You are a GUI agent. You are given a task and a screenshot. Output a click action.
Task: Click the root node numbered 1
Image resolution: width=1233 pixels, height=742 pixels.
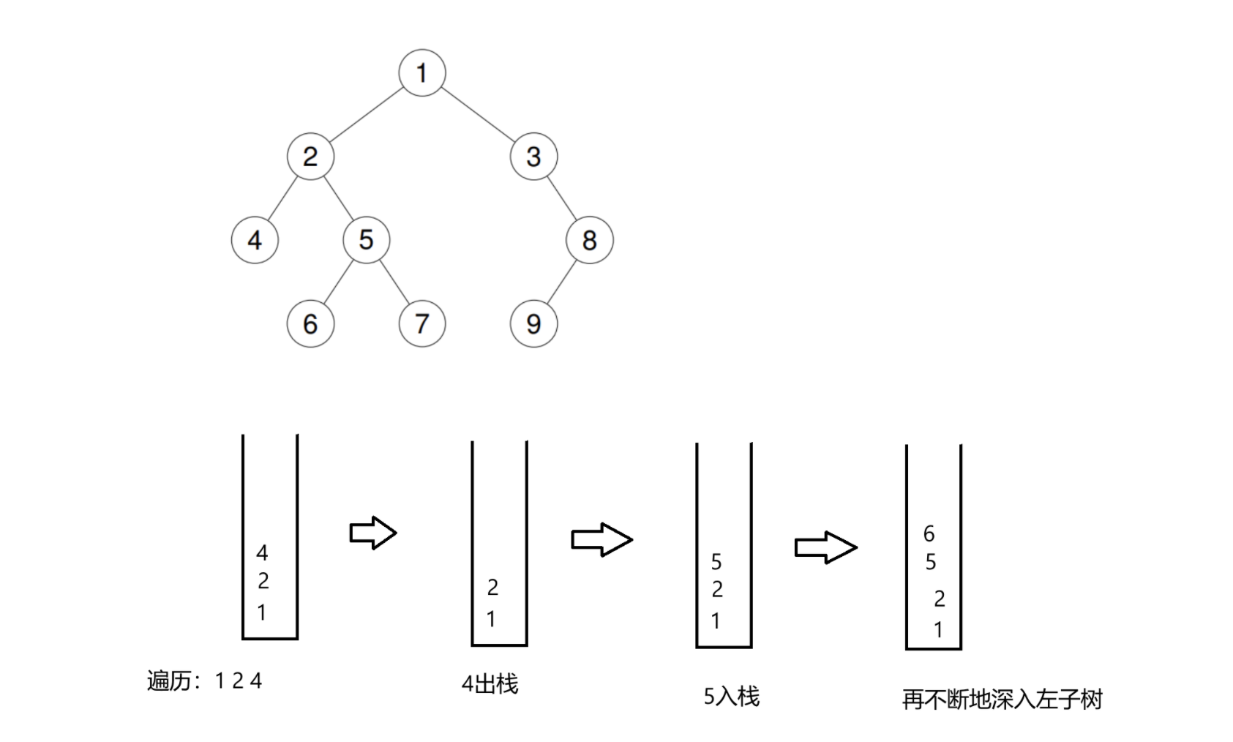(x=422, y=73)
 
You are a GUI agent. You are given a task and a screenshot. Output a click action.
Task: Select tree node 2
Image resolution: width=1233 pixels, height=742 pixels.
(x=310, y=157)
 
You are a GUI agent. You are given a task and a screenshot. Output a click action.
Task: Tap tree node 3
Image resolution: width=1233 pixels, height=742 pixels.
(x=533, y=157)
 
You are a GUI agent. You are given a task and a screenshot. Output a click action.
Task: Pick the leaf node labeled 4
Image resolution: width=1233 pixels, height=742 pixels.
(x=255, y=240)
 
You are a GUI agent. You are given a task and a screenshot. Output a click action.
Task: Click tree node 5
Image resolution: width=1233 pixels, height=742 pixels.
(x=367, y=240)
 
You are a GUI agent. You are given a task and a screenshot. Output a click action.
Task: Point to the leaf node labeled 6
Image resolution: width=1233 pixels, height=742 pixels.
(x=310, y=323)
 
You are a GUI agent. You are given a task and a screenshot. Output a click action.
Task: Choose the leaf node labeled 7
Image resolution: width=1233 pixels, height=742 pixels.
(x=422, y=323)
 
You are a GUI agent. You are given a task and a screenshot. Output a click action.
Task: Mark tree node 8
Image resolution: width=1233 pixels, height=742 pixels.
(x=589, y=240)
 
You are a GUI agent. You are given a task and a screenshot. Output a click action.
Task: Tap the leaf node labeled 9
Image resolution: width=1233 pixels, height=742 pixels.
(x=533, y=323)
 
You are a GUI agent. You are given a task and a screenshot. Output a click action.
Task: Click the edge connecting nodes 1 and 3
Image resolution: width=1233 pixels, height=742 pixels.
(x=478, y=115)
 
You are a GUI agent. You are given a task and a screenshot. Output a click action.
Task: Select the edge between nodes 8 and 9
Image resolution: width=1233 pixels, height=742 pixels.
(x=561, y=282)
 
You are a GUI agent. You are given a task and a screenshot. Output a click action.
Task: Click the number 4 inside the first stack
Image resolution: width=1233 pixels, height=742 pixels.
(x=262, y=553)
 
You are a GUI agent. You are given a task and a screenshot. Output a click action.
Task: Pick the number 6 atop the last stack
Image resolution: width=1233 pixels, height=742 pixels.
(x=929, y=534)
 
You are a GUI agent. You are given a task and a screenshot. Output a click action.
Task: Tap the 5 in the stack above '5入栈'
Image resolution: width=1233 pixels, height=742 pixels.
(x=716, y=562)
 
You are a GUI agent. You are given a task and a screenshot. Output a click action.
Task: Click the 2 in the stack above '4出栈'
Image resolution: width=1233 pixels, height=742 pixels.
(x=492, y=588)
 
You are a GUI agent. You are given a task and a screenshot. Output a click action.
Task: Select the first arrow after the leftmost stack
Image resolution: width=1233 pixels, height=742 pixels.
(x=373, y=533)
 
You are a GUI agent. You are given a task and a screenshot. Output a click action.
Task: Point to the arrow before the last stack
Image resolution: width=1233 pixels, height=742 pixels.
(x=825, y=547)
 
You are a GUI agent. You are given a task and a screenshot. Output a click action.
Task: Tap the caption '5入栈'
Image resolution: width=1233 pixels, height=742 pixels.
(x=732, y=697)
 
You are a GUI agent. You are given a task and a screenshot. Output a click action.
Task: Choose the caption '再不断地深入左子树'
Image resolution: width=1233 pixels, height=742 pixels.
(x=1002, y=700)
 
